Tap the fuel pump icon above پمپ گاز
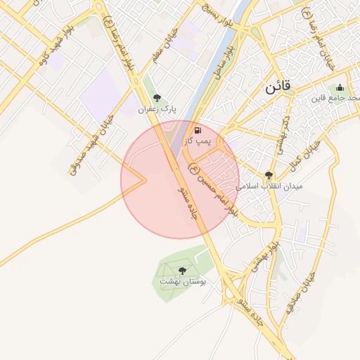point(198,130)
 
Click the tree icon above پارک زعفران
point(156,98)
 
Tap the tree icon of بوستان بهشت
point(183,269)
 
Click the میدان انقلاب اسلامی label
point(269,186)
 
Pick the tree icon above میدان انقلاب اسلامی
point(269,175)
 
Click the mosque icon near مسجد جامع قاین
point(340,88)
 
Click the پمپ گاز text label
point(198,142)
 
